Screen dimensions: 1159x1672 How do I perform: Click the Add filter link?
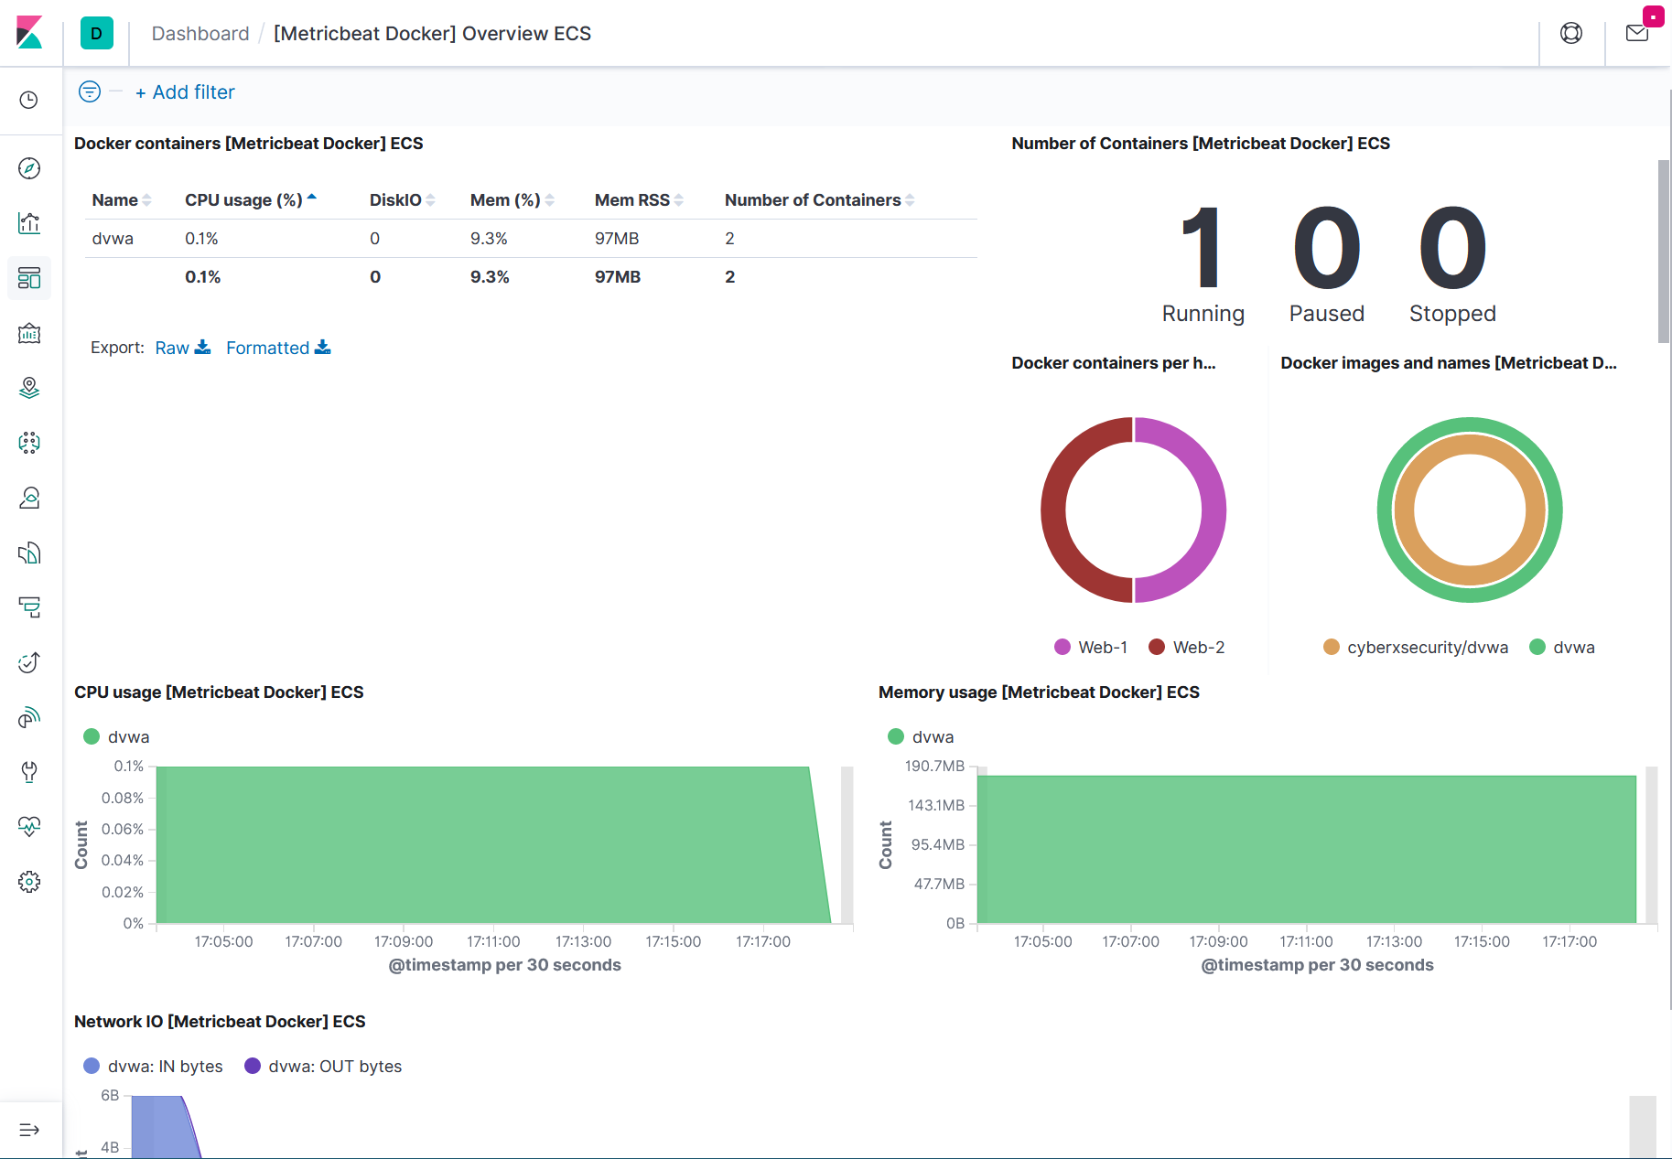(x=185, y=92)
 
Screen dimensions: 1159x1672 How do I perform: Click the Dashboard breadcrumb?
(x=200, y=34)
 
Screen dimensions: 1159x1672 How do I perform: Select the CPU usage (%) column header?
(x=243, y=200)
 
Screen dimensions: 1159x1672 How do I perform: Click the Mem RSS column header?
(x=631, y=200)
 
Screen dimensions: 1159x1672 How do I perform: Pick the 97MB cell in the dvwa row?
(x=617, y=239)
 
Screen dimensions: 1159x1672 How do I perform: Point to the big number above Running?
(x=1202, y=247)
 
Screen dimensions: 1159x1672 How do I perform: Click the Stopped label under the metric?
(x=1452, y=314)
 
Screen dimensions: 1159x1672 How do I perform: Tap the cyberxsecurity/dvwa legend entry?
(x=1427, y=648)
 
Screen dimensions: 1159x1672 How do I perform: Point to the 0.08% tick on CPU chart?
(x=123, y=798)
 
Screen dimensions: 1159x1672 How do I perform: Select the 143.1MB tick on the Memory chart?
(x=935, y=805)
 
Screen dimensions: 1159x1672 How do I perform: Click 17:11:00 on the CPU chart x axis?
(x=493, y=941)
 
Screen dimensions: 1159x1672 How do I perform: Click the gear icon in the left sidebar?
(x=29, y=882)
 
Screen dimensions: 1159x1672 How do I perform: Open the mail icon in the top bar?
(x=1637, y=34)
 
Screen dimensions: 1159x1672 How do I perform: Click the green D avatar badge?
(x=96, y=34)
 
